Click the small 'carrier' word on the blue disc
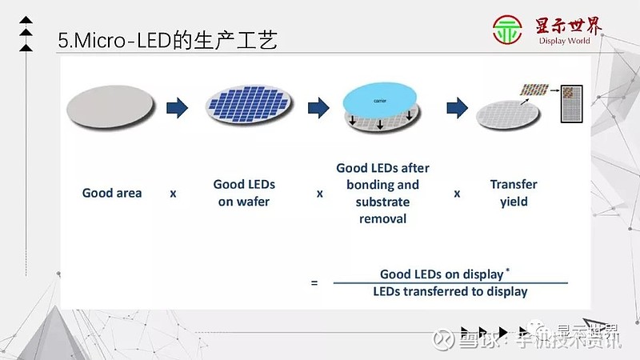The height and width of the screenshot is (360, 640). click(x=381, y=102)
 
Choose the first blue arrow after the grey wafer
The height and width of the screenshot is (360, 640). click(x=177, y=107)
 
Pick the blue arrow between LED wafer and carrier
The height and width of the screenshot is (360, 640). click(x=318, y=107)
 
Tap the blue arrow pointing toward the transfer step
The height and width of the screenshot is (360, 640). click(x=457, y=107)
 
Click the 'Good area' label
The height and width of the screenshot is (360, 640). click(x=112, y=193)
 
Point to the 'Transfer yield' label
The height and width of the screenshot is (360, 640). click(x=514, y=193)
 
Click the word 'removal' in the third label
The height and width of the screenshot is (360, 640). click(x=382, y=218)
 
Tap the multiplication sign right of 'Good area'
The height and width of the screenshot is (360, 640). click(x=173, y=194)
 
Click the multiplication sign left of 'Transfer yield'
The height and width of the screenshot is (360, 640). click(x=458, y=194)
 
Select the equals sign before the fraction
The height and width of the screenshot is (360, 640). click(x=314, y=282)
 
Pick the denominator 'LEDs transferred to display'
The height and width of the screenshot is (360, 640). click(x=450, y=291)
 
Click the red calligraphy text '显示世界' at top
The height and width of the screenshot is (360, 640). click(x=570, y=26)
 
